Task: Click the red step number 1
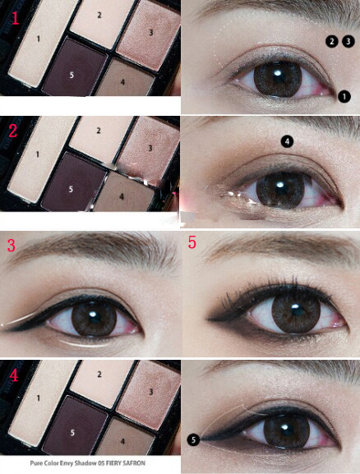point(16,17)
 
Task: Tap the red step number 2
point(12,131)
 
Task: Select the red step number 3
point(12,245)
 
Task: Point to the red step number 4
point(14,375)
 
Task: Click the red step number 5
point(192,242)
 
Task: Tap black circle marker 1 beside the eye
point(344,97)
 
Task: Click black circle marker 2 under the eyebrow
point(332,41)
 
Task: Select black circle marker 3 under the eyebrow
point(348,41)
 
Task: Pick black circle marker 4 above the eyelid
point(287,141)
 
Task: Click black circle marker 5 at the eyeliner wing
point(194,439)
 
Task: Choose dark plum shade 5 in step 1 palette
point(75,67)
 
